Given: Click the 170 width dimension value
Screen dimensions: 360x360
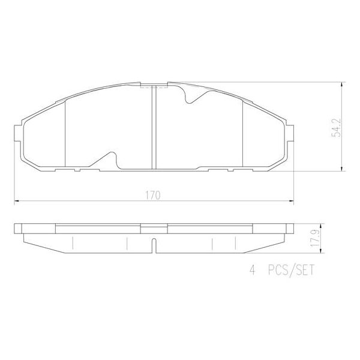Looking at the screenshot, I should tap(154, 194).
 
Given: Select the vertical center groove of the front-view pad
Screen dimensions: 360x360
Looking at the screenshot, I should tap(154, 126).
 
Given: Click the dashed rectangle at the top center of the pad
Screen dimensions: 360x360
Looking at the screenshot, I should tap(147, 86).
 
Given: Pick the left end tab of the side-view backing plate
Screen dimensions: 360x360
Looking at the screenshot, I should tap(18, 229).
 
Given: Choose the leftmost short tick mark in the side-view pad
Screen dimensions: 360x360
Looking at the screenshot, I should tap(72, 243).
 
